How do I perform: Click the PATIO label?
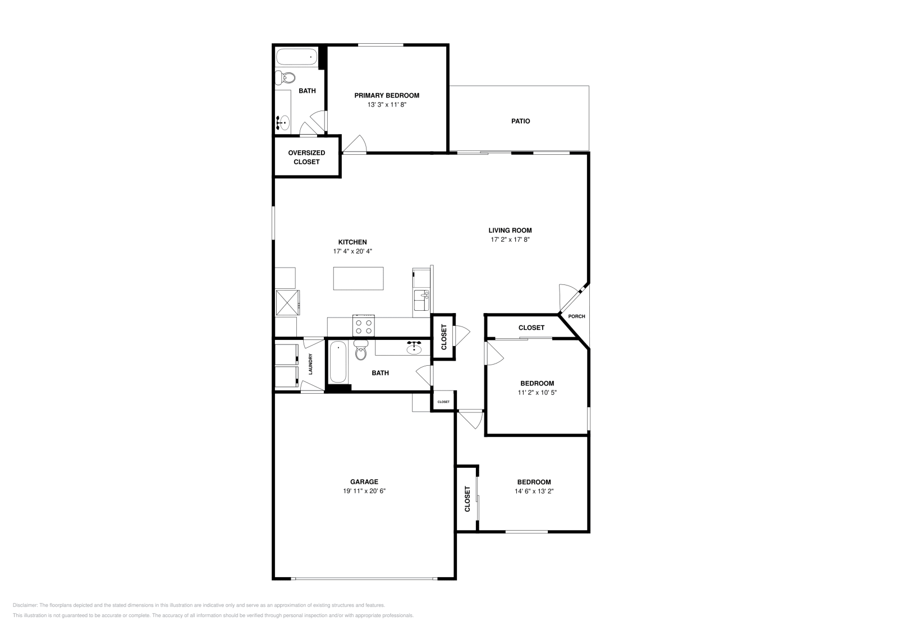tap(520, 121)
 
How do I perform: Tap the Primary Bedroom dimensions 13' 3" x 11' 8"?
tap(387, 104)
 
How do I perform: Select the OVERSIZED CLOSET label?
tap(306, 157)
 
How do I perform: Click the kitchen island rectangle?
tap(359, 278)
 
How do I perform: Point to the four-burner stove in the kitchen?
tap(363, 326)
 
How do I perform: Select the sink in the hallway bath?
tap(415, 349)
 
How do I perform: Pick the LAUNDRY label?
tap(310, 364)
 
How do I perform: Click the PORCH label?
tap(576, 316)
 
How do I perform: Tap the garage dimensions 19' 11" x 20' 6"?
tap(364, 491)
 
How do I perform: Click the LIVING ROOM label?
tap(510, 230)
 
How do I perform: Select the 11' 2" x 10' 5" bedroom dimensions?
tap(537, 393)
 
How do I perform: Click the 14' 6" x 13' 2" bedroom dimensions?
tap(534, 491)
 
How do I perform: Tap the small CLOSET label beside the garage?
tap(443, 402)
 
